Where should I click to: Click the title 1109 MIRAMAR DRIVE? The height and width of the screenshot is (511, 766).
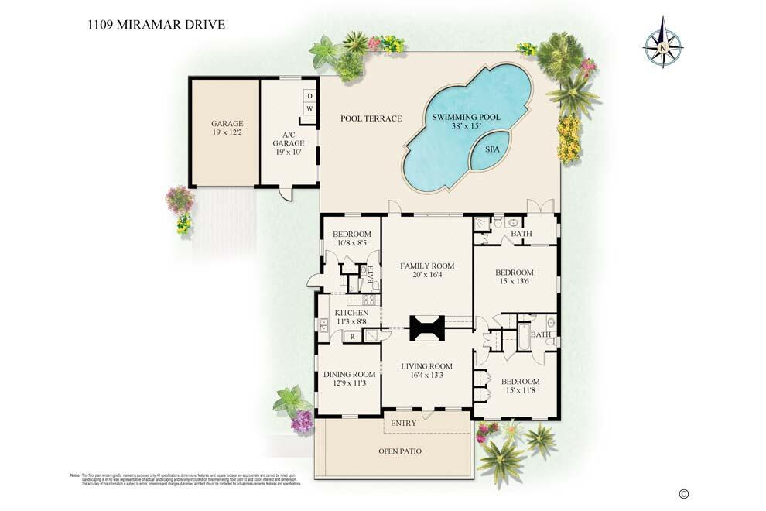(x=156, y=24)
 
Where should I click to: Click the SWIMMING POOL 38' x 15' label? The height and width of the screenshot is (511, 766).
(x=466, y=122)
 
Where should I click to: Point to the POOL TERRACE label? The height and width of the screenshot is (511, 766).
(x=371, y=118)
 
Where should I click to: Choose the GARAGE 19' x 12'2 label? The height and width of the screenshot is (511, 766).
(x=227, y=129)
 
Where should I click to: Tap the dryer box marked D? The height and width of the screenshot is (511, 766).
(x=309, y=96)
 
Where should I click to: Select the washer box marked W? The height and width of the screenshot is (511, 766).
(x=309, y=109)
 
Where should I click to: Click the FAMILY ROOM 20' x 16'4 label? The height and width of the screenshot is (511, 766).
(x=426, y=271)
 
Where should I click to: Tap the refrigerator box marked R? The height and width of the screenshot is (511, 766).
(x=352, y=336)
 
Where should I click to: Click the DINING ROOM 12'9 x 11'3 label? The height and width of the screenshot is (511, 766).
(x=348, y=378)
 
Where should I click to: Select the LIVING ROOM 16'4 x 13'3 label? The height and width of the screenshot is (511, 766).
(x=426, y=371)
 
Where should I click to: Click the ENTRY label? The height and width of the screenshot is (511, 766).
(x=404, y=424)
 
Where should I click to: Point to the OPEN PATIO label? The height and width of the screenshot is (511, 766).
(x=400, y=451)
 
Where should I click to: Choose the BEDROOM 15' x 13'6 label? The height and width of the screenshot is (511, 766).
(x=514, y=277)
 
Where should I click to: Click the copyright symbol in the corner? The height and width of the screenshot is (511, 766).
(x=683, y=494)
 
